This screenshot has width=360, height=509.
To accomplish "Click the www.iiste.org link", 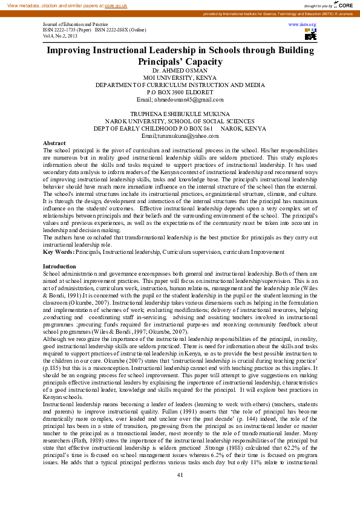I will point(307,24).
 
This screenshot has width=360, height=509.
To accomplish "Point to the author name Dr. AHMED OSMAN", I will point(180,71).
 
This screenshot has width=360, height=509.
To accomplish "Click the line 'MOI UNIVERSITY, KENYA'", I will point(180,78).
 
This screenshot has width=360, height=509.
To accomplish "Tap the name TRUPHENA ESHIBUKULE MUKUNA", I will point(180,114).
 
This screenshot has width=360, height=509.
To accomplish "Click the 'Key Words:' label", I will point(59,251).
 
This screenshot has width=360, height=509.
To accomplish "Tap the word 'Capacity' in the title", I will point(199,62).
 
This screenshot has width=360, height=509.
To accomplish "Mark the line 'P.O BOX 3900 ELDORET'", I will point(180,92).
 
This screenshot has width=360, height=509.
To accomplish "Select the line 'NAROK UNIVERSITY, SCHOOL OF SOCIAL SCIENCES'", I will point(180,122).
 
